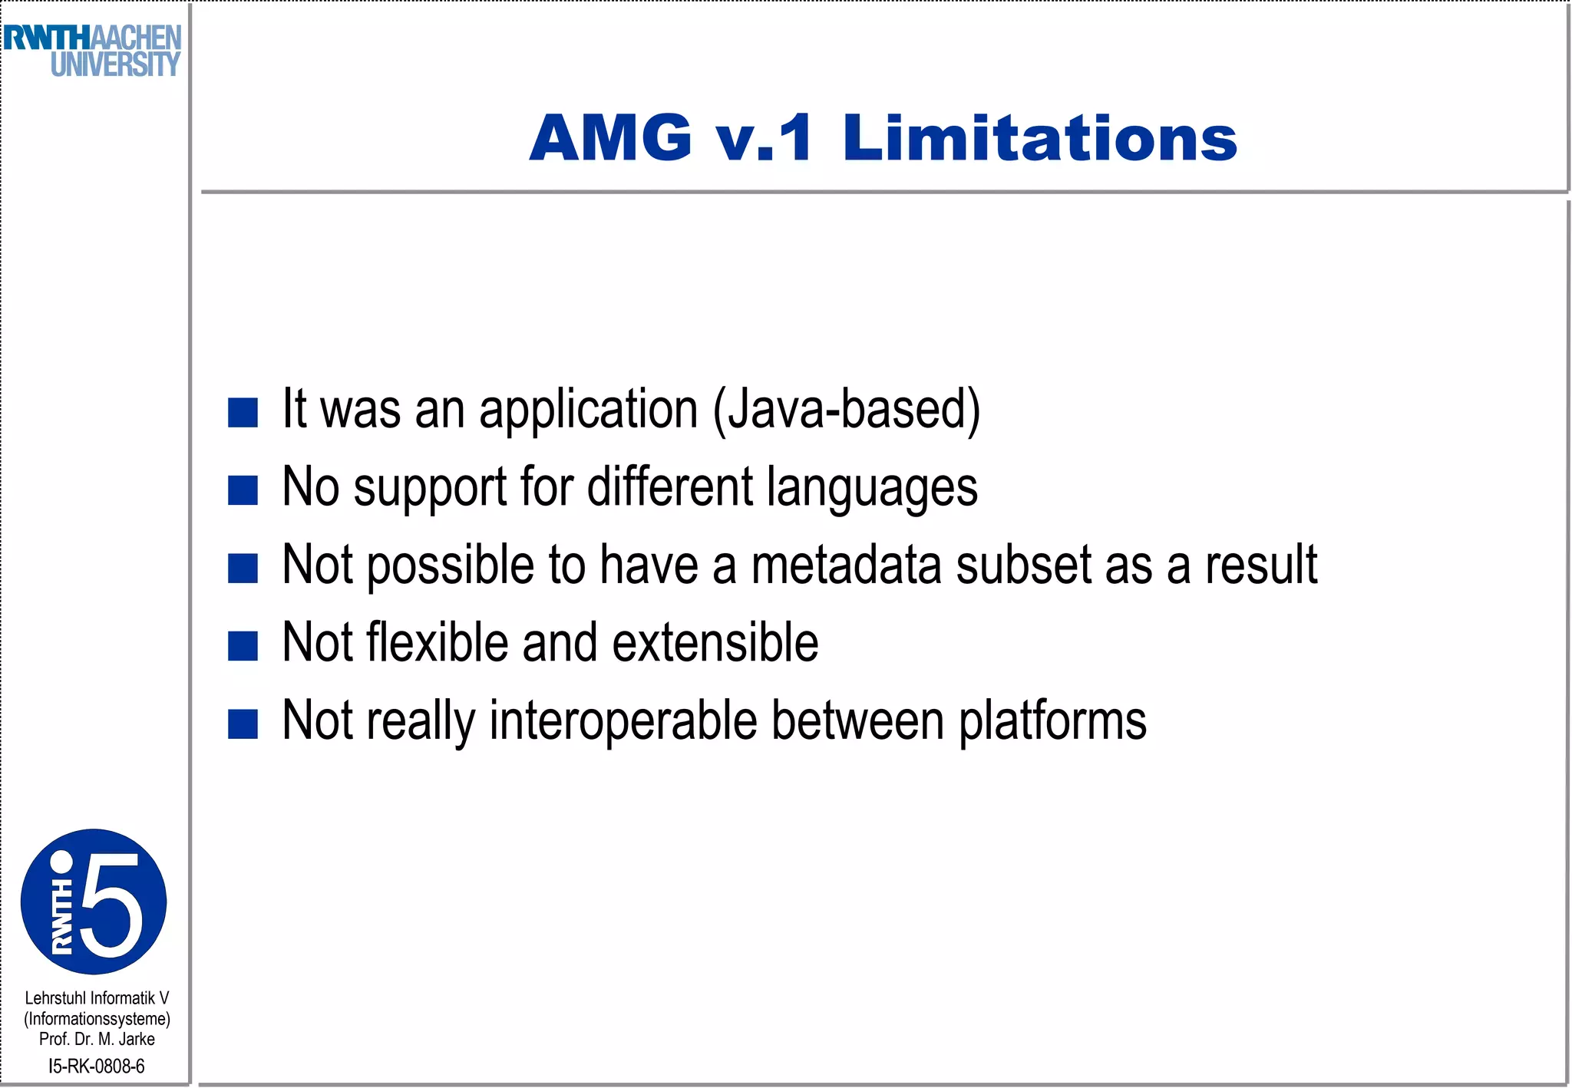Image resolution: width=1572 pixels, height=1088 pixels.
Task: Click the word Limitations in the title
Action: (x=1039, y=138)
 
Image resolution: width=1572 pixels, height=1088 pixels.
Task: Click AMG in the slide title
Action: (x=611, y=138)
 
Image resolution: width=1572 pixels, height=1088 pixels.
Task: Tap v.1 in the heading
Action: (x=763, y=138)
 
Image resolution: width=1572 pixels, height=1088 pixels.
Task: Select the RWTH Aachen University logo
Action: (x=92, y=51)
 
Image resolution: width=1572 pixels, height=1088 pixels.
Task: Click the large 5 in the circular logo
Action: (x=112, y=905)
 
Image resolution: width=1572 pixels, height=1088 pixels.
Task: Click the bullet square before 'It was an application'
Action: (x=243, y=412)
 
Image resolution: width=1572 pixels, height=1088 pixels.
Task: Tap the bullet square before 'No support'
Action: (x=243, y=490)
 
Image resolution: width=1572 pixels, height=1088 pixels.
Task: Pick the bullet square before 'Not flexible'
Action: (x=243, y=645)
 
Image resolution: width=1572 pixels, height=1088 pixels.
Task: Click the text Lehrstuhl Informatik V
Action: (x=97, y=998)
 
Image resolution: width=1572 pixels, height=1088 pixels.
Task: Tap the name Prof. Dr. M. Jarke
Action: (x=97, y=1039)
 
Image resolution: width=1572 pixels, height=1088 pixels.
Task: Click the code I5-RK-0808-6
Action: (x=97, y=1066)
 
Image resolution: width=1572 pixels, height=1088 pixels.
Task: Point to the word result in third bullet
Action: (x=1261, y=565)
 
